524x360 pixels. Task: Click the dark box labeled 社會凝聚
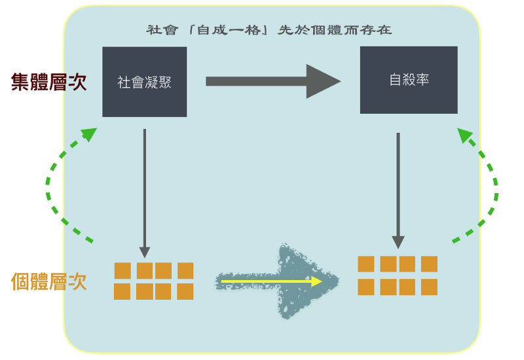[144, 82]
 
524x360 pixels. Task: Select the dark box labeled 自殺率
[409, 81]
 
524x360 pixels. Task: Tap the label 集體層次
[49, 82]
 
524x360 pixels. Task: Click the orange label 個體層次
[49, 281]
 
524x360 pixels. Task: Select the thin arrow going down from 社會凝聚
[145, 190]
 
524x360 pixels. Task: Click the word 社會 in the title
[161, 30]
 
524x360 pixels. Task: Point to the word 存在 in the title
[378, 30]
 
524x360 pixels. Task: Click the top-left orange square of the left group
[122, 270]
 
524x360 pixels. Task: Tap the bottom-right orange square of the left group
[185, 291]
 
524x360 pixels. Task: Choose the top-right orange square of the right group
[429, 264]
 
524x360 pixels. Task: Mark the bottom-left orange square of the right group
[366, 287]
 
